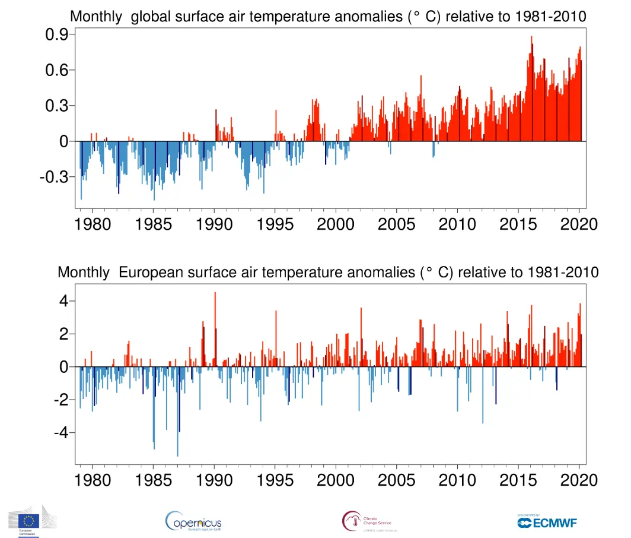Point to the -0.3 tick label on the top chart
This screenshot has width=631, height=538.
pyautogui.click(x=53, y=178)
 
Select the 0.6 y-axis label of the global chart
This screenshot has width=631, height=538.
pyautogui.click(x=56, y=70)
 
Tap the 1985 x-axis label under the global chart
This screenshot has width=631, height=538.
pyautogui.click(x=154, y=224)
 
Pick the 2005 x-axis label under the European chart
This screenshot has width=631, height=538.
pyautogui.click(x=397, y=479)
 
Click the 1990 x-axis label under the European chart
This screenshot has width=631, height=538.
pyautogui.click(x=214, y=479)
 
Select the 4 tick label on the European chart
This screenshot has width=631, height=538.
pyautogui.click(x=64, y=301)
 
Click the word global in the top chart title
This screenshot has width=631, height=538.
pyautogui.click(x=153, y=17)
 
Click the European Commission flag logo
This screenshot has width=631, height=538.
pyautogui.click(x=31, y=520)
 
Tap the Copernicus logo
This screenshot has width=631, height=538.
pyautogui.click(x=193, y=521)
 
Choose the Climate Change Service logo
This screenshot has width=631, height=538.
pyautogui.click(x=367, y=521)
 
